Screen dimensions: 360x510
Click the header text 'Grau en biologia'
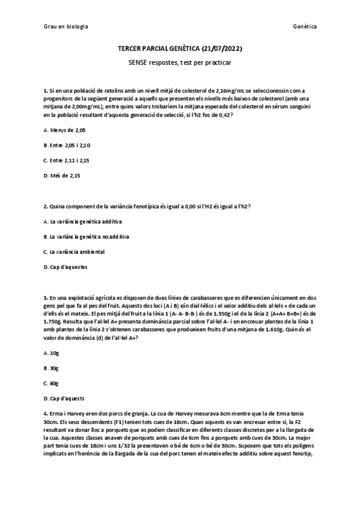click(66, 26)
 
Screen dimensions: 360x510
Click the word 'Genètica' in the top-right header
click(305, 26)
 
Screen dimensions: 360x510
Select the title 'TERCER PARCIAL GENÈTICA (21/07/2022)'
click(180, 49)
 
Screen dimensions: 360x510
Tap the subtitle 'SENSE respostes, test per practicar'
click(180, 63)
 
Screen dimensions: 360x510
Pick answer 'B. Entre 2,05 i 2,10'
click(67, 145)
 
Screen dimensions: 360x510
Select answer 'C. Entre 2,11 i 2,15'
click(67, 161)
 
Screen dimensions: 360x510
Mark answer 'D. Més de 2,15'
click(62, 176)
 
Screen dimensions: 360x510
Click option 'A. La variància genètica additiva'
click(82, 221)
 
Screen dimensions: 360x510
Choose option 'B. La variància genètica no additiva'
click(86, 236)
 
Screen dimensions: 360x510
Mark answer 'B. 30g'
click(51, 367)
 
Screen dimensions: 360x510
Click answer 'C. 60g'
click(51, 382)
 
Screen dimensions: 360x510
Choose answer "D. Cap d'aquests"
click(64, 398)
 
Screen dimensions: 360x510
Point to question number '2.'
click(46, 206)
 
